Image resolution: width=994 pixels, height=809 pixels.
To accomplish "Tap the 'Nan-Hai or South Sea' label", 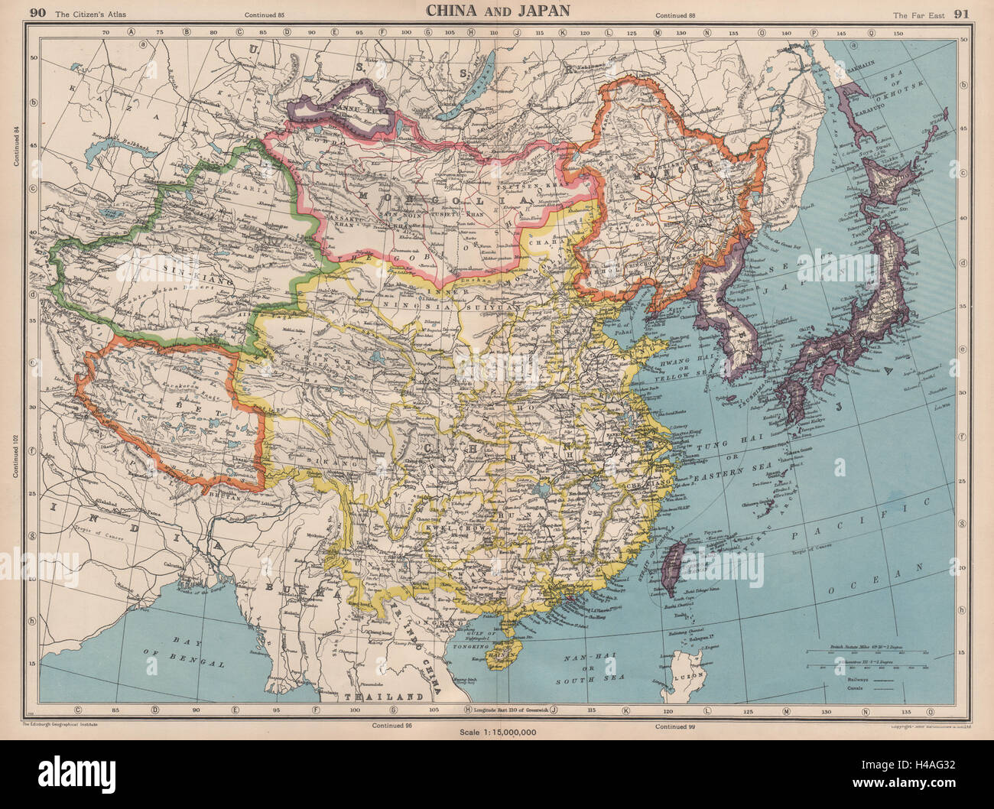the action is [x=593, y=668].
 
